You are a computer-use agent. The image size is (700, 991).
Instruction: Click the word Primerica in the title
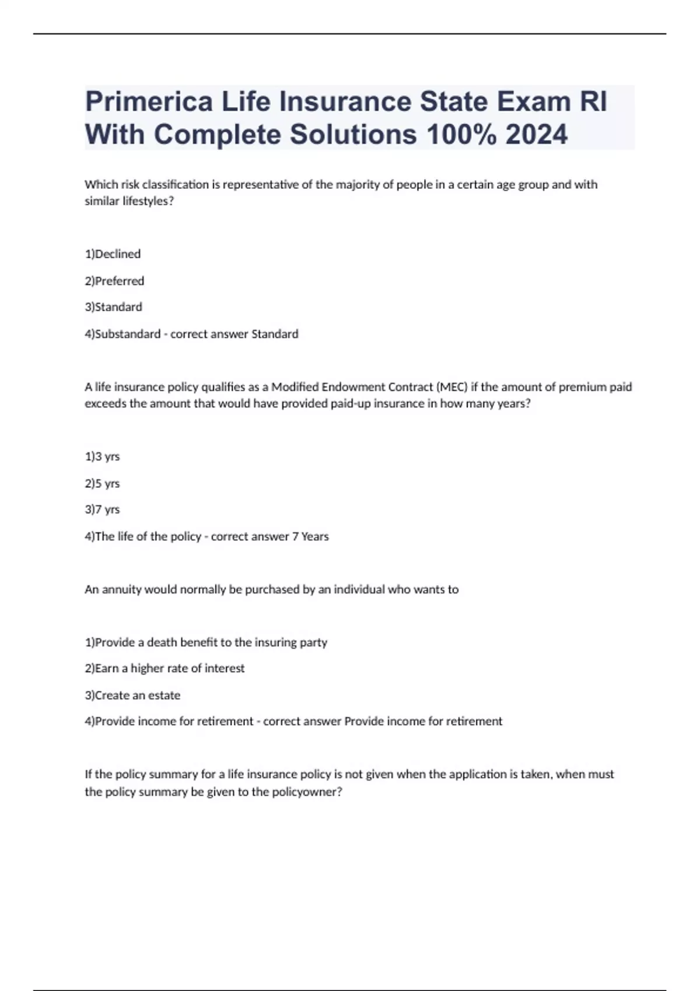pos(149,102)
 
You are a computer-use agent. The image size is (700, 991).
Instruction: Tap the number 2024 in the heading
pos(537,135)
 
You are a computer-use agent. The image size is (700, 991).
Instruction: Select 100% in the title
pos(462,135)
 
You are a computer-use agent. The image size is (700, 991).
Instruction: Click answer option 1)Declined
pos(113,254)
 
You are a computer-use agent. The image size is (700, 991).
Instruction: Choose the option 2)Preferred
pos(114,281)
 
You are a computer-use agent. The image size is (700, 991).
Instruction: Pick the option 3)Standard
pos(113,307)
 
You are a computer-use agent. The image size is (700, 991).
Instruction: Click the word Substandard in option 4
pos(128,334)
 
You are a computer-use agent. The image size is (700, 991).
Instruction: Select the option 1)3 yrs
pos(102,456)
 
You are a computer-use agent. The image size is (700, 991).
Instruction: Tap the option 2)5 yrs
pos(102,483)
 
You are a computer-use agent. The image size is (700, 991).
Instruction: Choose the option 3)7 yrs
pos(102,509)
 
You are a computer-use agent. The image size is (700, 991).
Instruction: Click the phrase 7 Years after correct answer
pos(310,536)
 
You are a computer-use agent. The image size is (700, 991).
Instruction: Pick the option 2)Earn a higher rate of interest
pos(164,669)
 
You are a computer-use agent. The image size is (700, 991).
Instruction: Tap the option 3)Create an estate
pos(132,695)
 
